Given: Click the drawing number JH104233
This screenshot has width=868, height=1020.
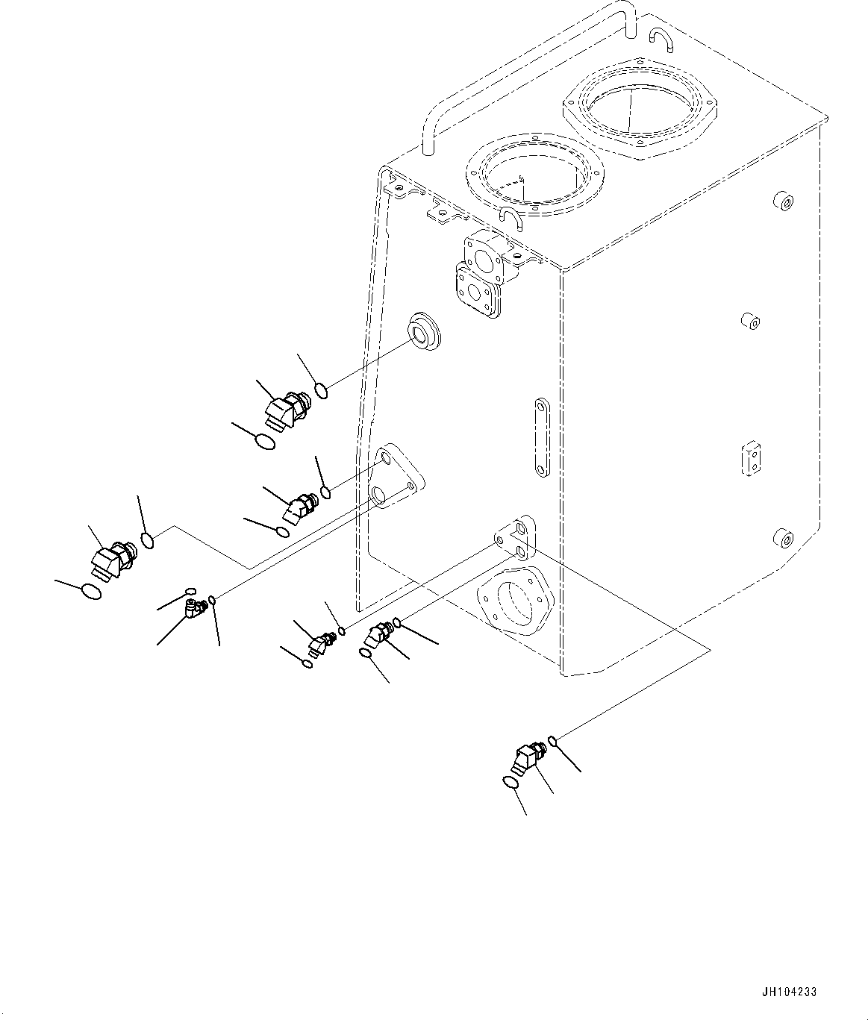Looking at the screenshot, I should (x=790, y=992).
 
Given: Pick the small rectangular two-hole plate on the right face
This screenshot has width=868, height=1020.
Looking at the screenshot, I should (x=752, y=458).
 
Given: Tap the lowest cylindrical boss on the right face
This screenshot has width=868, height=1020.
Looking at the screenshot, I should (x=784, y=538).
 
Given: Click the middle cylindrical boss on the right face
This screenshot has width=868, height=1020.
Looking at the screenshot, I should (x=749, y=322).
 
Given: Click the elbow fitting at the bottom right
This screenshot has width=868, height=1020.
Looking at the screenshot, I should (x=526, y=759).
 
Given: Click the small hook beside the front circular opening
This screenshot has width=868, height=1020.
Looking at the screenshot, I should (x=509, y=216).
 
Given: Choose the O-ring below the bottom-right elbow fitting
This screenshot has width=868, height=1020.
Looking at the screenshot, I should (x=511, y=783).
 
